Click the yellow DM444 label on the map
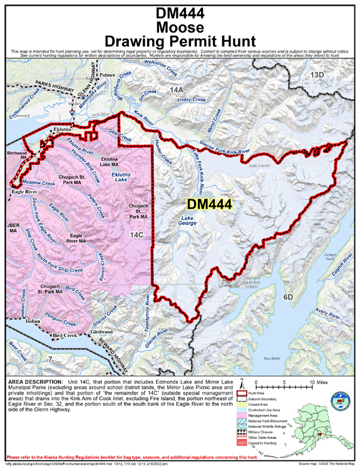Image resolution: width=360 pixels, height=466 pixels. pos(209,204)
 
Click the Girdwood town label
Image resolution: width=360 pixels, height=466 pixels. pos(101,331)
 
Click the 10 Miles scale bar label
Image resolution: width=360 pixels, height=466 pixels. pos(312,381)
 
